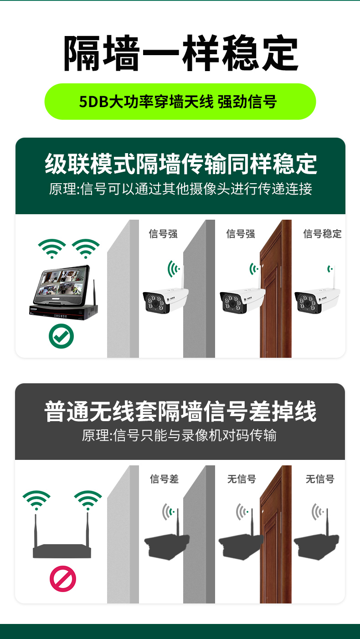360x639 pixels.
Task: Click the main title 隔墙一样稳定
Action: pyautogui.click(x=181, y=53)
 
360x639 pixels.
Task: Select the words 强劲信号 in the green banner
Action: pyautogui.click(x=247, y=102)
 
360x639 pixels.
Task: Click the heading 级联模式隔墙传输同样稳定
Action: pyautogui.click(x=181, y=164)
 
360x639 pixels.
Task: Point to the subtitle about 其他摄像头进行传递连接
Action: pyautogui.click(x=181, y=189)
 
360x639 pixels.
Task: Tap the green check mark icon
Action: pyautogui.click(x=61, y=336)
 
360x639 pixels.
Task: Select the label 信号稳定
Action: pyautogui.click(x=322, y=234)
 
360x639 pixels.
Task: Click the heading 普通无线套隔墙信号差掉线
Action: pyautogui.click(x=180, y=411)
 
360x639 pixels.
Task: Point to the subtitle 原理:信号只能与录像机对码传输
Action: pyautogui.click(x=179, y=436)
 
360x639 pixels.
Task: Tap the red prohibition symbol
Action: pyautogui.click(x=63, y=579)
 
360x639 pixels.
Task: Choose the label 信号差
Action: pyautogui.click(x=165, y=479)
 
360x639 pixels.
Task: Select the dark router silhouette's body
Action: pyautogui.click(x=62, y=551)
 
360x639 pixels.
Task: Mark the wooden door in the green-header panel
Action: pyautogui.click(x=276, y=289)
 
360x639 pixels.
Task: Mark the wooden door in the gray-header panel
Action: pyautogui.click(x=276, y=534)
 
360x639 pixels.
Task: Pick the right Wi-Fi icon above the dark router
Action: pyautogui.click(x=88, y=500)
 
